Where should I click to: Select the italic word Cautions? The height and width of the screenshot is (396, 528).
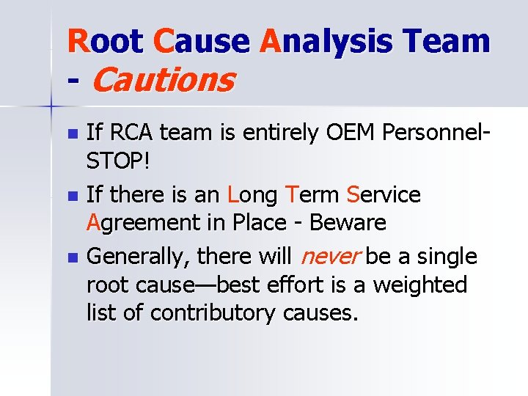click(163, 80)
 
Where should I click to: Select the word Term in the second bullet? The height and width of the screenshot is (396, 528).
click(313, 195)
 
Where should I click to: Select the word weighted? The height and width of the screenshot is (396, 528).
click(420, 285)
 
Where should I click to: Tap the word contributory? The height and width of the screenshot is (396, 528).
click(213, 312)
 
